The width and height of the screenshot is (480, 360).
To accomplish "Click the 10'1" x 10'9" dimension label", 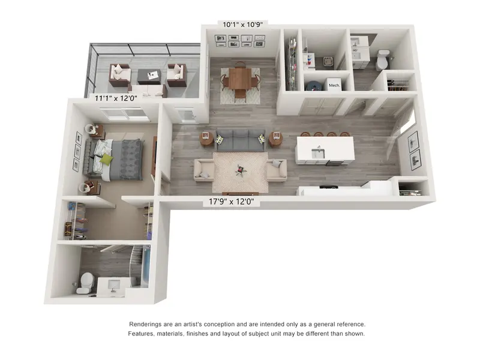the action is tap(243, 25).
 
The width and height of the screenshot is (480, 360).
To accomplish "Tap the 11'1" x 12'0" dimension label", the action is tap(116, 98).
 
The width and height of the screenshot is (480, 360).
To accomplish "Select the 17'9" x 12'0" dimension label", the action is tap(232, 202).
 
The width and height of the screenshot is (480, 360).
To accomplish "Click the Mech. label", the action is tap(334, 85).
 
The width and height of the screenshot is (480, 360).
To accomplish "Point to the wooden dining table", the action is tap(240, 79).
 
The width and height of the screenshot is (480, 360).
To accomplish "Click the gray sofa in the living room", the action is tap(241, 140).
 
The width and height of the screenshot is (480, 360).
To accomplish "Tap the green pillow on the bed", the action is tap(106, 160).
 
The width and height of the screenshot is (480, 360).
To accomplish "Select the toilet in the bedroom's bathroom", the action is tap(86, 283).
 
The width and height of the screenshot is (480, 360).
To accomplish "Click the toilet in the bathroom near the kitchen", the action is tap(383, 59).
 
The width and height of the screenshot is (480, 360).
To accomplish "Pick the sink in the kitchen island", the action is tap(318, 153).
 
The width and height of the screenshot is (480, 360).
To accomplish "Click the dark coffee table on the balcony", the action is tap(149, 77).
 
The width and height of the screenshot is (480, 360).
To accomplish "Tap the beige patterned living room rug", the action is tap(241, 172).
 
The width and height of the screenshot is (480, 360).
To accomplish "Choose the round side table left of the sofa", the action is tap(206, 139).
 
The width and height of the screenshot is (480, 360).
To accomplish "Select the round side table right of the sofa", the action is tap(276, 139).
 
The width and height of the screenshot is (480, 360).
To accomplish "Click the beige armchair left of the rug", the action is tap(204, 170).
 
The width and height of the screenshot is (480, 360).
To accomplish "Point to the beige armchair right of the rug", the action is tap(277, 170).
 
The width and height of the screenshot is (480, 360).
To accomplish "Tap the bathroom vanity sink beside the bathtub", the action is tap(113, 286).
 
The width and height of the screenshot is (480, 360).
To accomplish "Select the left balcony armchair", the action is tap(120, 75).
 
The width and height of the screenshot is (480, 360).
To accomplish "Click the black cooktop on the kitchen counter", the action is tap(329, 187).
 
